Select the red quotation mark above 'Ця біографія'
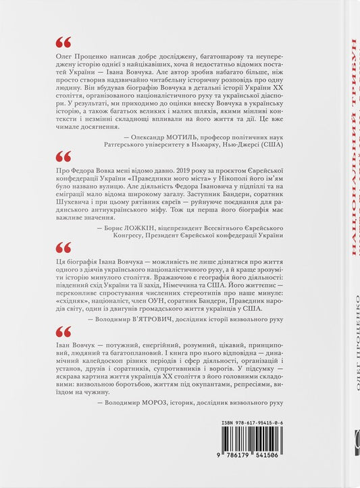pos(63,247)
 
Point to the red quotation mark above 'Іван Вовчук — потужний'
pos(63,332)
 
